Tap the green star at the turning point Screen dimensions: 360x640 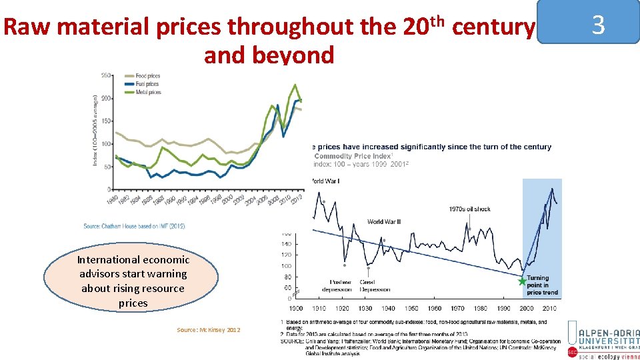point(523,281)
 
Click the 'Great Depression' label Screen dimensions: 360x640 point(375,285)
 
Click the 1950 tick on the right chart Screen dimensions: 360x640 point(412,309)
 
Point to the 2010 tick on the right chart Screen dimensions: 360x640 point(549,309)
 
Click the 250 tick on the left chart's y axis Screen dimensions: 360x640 point(105,75)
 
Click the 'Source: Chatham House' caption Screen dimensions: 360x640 point(134,227)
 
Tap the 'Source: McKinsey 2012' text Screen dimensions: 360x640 point(208,330)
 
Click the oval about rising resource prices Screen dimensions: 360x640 point(131,281)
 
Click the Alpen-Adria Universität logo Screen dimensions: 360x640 point(602,339)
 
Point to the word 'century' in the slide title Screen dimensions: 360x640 point(493,28)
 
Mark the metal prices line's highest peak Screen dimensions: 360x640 point(295,85)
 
